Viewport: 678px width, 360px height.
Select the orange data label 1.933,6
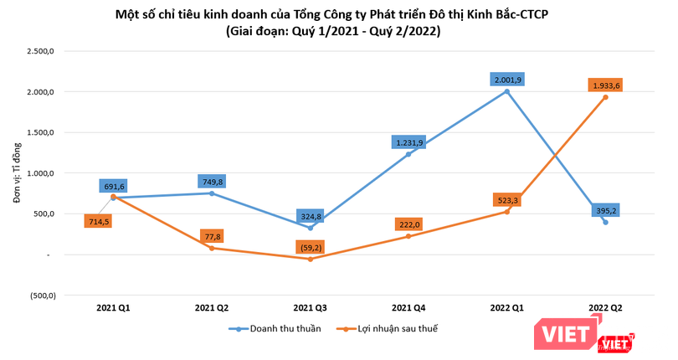click(x=604, y=85)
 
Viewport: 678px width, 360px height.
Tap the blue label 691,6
click(x=115, y=186)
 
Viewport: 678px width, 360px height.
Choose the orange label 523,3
click(x=507, y=200)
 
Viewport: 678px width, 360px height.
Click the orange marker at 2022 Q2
click(x=605, y=97)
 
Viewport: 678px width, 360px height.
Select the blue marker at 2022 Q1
click(x=507, y=91)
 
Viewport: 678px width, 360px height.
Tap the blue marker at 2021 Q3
click(x=310, y=228)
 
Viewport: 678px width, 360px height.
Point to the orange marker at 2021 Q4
click(x=408, y=236)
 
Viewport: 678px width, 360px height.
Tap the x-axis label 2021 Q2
click(x=212, y=309)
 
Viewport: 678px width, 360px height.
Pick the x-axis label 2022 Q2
click(x=605, y=309)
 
